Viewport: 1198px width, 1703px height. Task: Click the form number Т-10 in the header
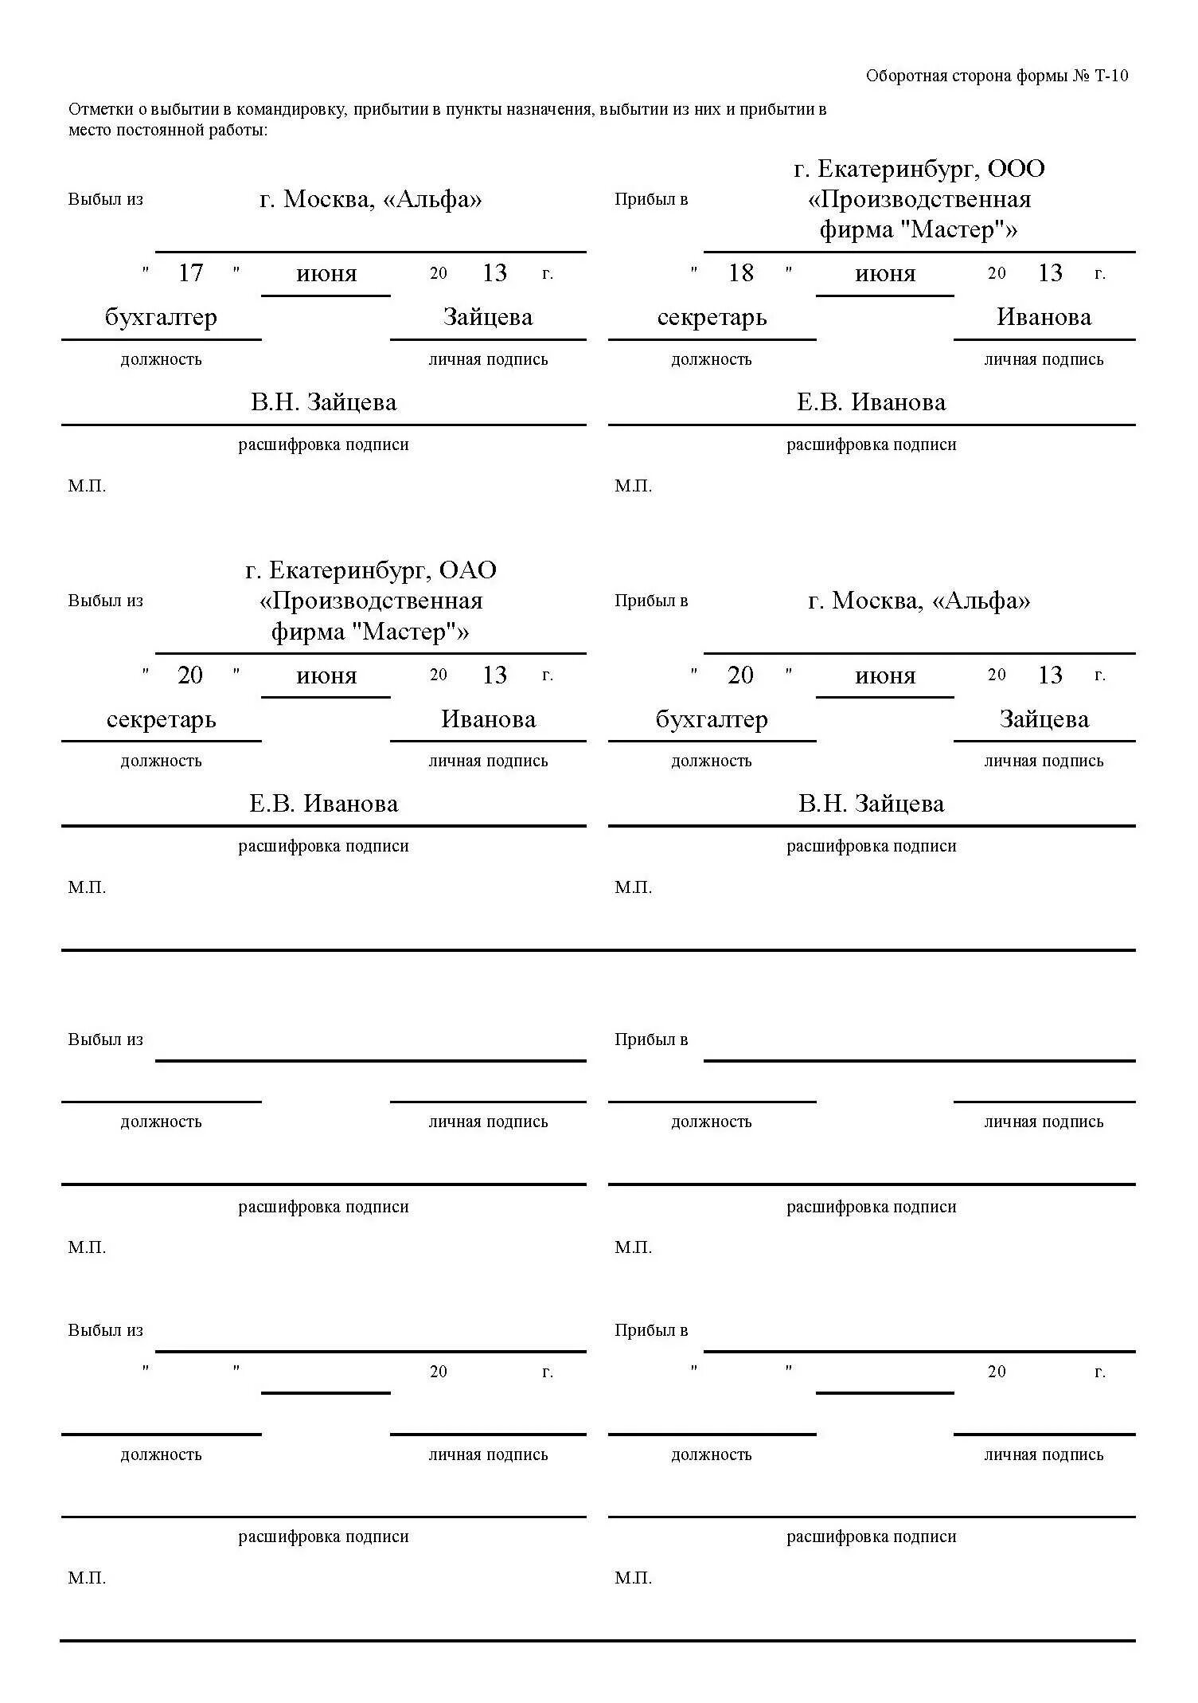coord(1111,76)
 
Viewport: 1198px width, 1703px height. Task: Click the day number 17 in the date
coord(190,273)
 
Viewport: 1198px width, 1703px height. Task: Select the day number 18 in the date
coord(740,273)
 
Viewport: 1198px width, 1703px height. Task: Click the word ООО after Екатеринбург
coord(1016,169)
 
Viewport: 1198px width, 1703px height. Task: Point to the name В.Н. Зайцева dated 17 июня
coord(323,402)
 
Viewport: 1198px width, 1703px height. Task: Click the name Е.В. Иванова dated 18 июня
coord(871,402)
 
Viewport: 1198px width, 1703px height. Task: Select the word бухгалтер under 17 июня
coord(161,317)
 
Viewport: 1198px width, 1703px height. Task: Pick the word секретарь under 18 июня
coord(712,317)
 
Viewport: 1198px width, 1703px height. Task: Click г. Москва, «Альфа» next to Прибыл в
coord(919,601)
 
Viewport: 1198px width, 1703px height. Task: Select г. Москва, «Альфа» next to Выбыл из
coord(370,199)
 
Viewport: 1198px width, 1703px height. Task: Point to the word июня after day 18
coord(884,274)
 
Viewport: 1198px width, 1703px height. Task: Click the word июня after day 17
coord(326,274)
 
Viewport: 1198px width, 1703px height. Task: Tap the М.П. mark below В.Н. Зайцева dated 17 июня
coord(87,486)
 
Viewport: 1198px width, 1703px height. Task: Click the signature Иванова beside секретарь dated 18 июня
coord(1044,317)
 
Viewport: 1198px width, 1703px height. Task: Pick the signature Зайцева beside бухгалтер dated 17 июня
coord(487,317)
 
